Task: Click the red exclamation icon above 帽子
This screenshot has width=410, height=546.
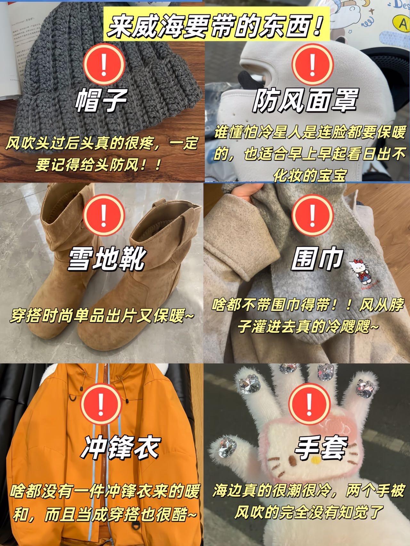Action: point(103,63)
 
